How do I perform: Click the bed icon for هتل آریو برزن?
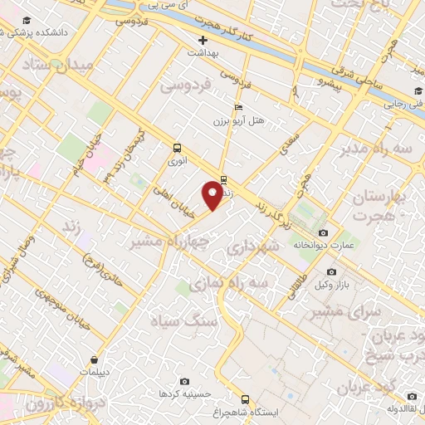click(239, 107)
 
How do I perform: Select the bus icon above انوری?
click(176, 148)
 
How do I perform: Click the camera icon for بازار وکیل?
click(331, 271)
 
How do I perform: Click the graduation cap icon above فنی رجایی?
click(413, 91)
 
